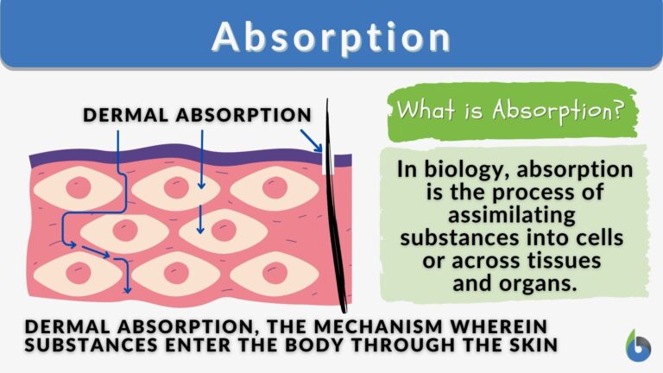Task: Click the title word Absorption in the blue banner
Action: (x=331, y=37)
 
